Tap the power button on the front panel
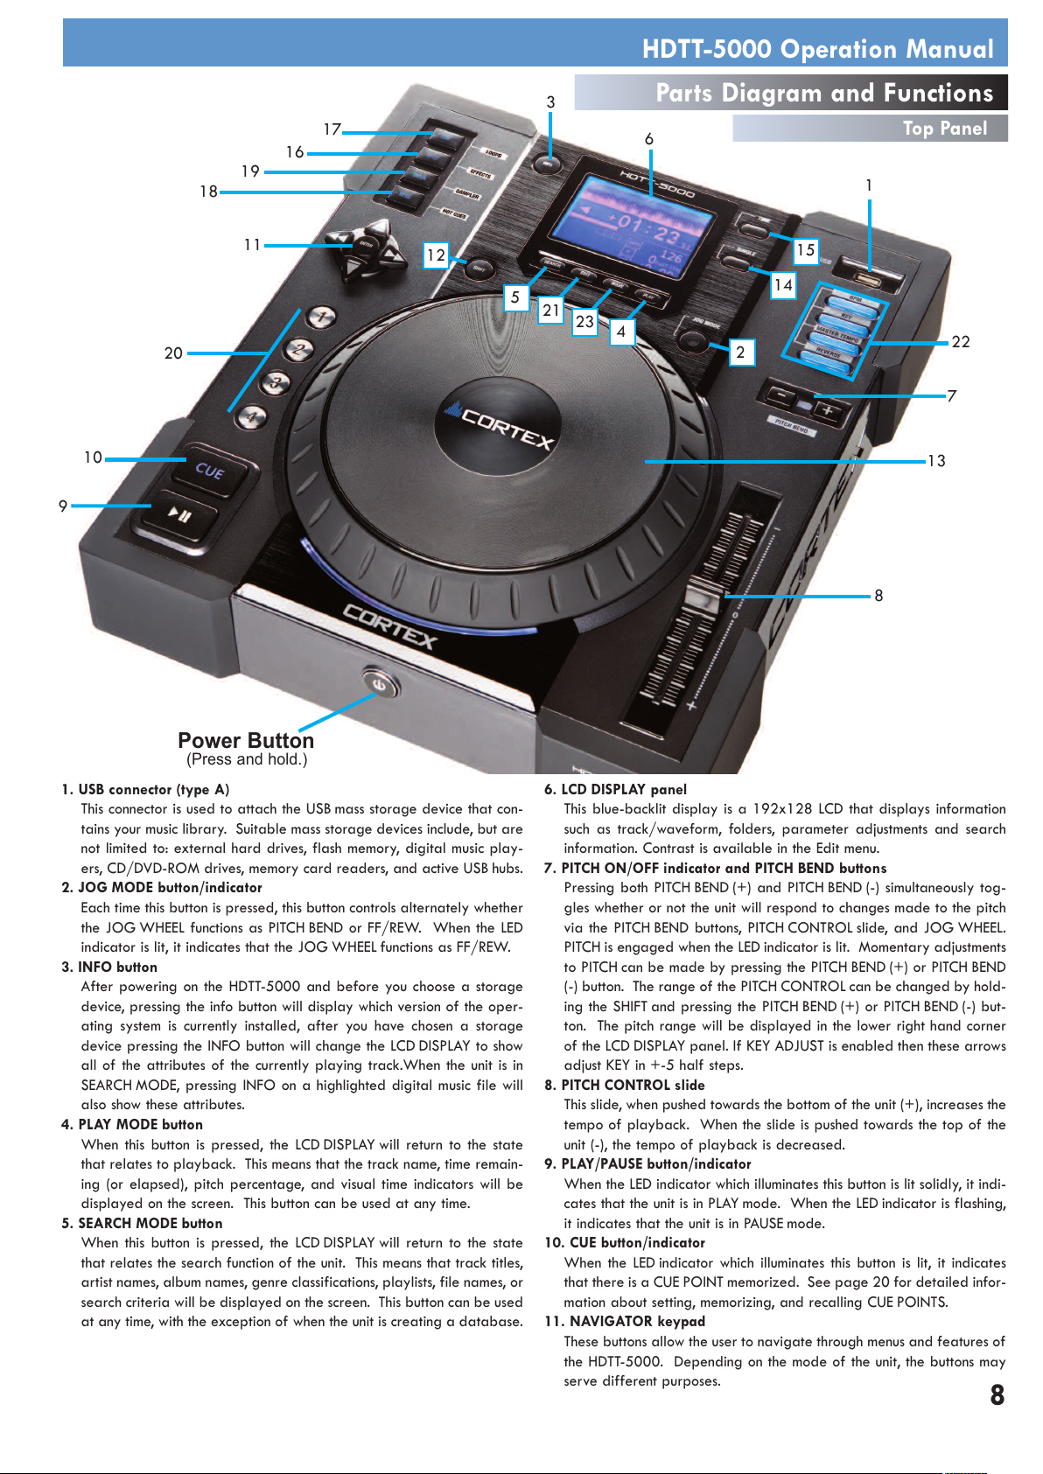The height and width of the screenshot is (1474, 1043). point(377,682)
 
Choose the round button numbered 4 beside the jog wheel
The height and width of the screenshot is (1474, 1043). point(251,417)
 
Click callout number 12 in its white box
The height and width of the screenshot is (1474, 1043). point(436,255)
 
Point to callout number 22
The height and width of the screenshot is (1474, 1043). point(960,342)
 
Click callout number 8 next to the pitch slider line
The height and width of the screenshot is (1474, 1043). point(878,596)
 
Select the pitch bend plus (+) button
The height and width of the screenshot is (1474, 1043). point(828,411)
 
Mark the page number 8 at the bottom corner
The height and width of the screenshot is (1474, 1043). point(997,1394)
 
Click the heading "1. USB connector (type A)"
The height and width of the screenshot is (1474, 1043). point(145,789)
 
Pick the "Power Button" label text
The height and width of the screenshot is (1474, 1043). point(246,741)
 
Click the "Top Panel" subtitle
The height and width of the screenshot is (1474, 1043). point(944,129)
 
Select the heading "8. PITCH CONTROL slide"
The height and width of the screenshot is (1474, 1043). point(624,1085)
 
